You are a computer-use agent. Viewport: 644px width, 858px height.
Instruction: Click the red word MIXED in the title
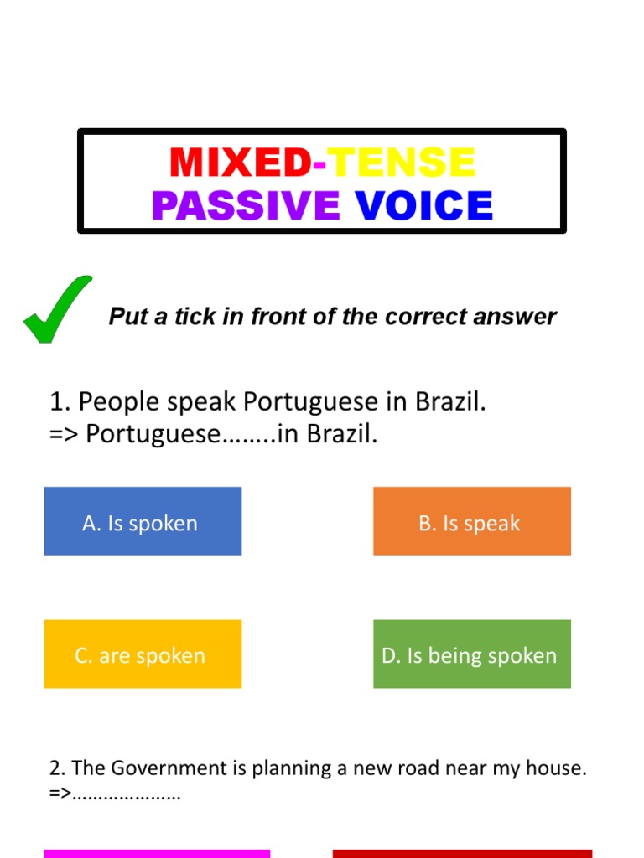coord(239,163)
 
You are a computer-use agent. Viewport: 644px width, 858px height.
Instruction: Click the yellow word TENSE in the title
coord(401,163)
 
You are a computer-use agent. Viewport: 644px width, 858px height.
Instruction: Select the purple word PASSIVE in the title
coord(246,205)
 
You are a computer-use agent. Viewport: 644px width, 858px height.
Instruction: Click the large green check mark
coord(57,309)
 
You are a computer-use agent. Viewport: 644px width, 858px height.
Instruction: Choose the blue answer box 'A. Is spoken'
coord(143,521)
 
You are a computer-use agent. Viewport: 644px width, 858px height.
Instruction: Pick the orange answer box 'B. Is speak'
coord(472,521)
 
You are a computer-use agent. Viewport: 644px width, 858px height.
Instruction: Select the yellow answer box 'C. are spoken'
coord(143,654)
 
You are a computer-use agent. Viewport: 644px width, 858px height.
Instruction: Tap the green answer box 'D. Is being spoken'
coord(472,654)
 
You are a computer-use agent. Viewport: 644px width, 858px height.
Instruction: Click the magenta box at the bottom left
coord(157,854)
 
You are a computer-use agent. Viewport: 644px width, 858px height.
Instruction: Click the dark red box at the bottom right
coord(462,854)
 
